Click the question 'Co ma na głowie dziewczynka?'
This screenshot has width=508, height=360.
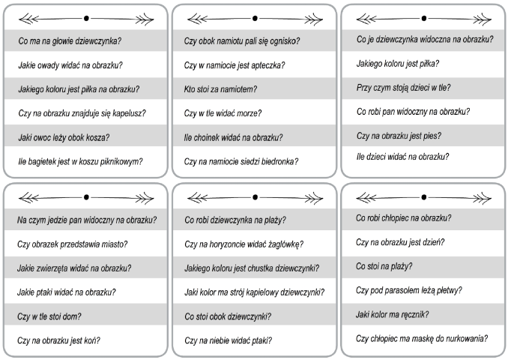pyautogui.click(x=70, y=41)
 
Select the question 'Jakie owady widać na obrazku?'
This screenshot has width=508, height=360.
pyautogui.click(x=70, y=65)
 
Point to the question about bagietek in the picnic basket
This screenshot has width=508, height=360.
pyautogui.click(x=80, y=161)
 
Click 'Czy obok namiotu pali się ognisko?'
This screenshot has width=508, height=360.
pyautogui.click(x=242, y=41)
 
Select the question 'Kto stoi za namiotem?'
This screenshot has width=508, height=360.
pyautogui.click(x=220, y=89)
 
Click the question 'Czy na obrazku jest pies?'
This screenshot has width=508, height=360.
pyautogui.click(x=399, y=136)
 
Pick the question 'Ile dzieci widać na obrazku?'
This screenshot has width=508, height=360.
pyautogui.click(x=402, y=157)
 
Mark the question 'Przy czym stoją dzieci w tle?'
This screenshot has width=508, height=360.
pyautogui.click(x=403, y=88)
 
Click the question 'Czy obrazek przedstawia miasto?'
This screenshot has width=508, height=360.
pyautogui.click(x=72, y=244)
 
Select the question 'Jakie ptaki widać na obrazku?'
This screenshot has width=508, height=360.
pyautogui.click(x=67, y=292)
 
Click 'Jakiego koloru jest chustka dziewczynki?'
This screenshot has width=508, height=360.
pyautogui.click(x=252, y=268)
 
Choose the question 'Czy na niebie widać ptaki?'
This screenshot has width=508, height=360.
pyautogui.click(x=228, y=340)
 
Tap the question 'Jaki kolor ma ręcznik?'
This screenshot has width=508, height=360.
pyautogui.click(x=392, y=314)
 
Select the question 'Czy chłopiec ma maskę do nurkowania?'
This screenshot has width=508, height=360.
pyautogui.click(x=422, y=338)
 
